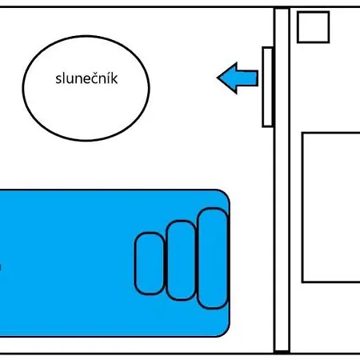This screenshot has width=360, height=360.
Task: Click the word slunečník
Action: (86, 78)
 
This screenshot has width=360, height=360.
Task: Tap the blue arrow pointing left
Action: (238, 78)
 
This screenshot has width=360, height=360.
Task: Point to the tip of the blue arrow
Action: (217, 78)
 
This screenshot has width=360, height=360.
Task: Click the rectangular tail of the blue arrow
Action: (247, 78)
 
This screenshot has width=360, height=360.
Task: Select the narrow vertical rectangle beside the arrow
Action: (267, 87)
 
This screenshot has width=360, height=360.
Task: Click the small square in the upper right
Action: (314, 27)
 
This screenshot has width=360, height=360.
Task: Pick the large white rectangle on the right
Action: (331, 207)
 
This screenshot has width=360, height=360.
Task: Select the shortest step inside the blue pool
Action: (150, 263)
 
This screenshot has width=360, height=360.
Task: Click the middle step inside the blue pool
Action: (182, 260)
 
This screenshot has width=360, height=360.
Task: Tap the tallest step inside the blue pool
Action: (213, 258)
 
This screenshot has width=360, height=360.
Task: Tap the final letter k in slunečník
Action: (114, 78)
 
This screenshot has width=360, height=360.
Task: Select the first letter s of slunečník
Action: (58, 80)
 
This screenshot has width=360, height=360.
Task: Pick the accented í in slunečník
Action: (109, 78)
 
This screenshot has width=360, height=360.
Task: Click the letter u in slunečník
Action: (70, 80)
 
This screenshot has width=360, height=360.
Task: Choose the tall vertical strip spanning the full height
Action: (282, 180)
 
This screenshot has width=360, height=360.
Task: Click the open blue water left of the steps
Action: (66, 263)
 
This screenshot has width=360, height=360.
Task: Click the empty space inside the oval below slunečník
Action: (86, 112)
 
